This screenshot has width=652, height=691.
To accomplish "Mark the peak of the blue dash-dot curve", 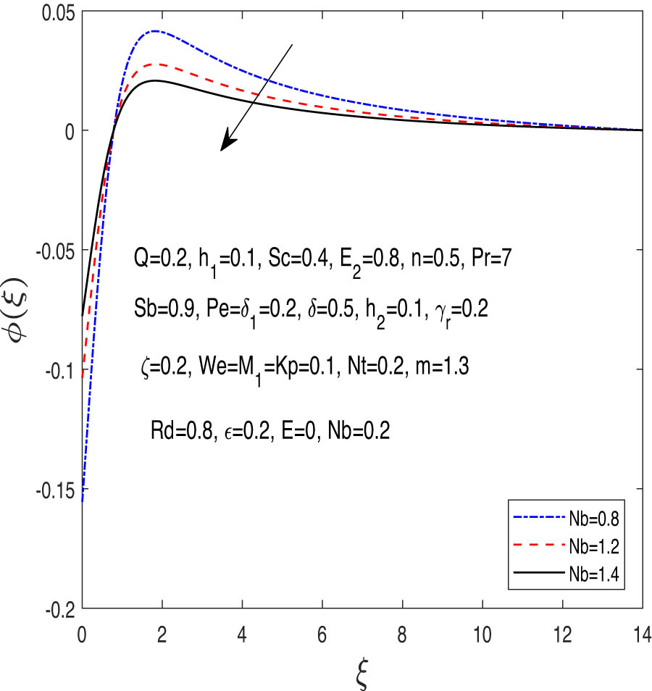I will pyautogui.click(x=154, y=31).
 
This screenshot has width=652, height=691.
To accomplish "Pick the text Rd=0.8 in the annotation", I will pyautogui.click(x=175, y=432).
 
